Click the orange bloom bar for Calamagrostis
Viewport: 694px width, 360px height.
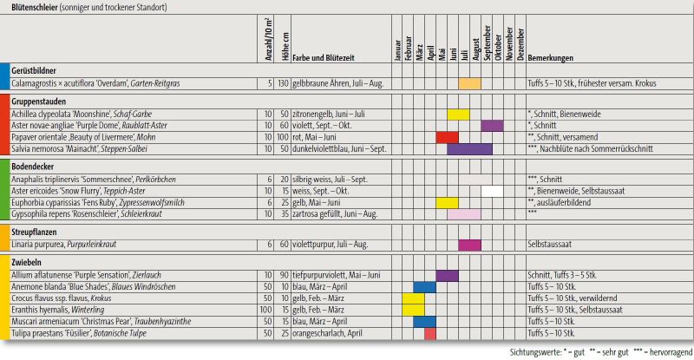tap(469, 83)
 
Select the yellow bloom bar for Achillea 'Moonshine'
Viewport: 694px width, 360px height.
tap(458, 114)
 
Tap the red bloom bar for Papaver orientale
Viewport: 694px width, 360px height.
tap(447, 137)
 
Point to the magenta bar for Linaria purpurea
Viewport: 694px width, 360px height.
tap(469, 245)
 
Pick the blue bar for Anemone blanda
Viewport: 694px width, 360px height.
tap(424, 286)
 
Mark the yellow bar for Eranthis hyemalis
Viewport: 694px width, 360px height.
tap(413, 309)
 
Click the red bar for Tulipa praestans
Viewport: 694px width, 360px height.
tap(430, 333)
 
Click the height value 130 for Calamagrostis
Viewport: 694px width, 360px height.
tap(282, 83)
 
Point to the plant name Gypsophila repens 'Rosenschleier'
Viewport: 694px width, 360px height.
tap(69, 213)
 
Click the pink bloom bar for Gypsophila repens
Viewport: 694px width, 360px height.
tap(463, 213)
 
